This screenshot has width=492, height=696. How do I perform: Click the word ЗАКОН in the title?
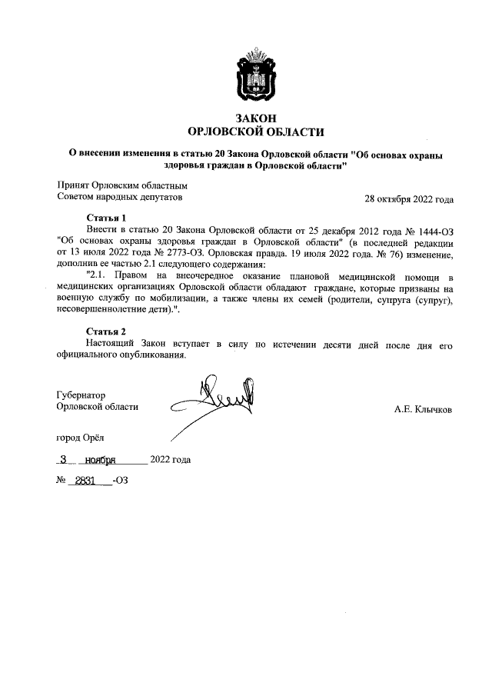point(256,118)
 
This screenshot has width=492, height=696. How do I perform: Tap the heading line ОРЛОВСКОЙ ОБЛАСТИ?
point(256,132)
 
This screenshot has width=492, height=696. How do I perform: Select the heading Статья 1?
point(106,218)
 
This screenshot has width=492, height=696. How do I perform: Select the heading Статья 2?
point(106,331)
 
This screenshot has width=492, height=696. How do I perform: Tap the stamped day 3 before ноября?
point(65,460)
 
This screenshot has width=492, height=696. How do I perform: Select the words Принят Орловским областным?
point(122,185)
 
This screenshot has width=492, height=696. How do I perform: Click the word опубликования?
point(150,355)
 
